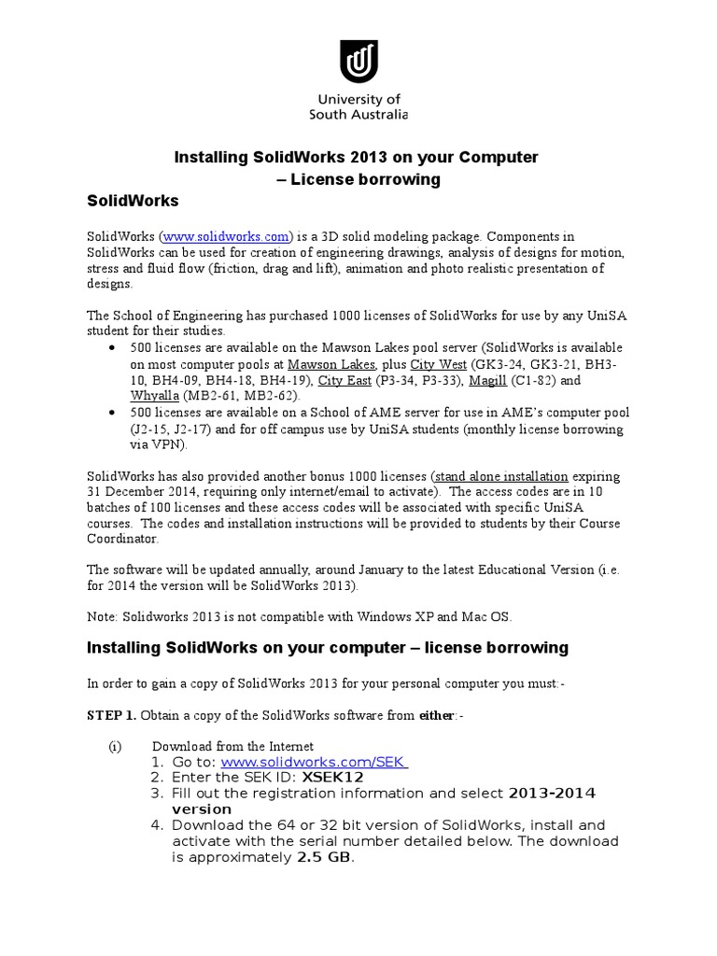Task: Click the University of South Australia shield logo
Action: [x=358, y=62]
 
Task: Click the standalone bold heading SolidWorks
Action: [x=132, y=201]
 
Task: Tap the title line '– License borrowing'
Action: [x=358, y=179]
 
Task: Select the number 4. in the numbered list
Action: [x=157, y=824]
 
